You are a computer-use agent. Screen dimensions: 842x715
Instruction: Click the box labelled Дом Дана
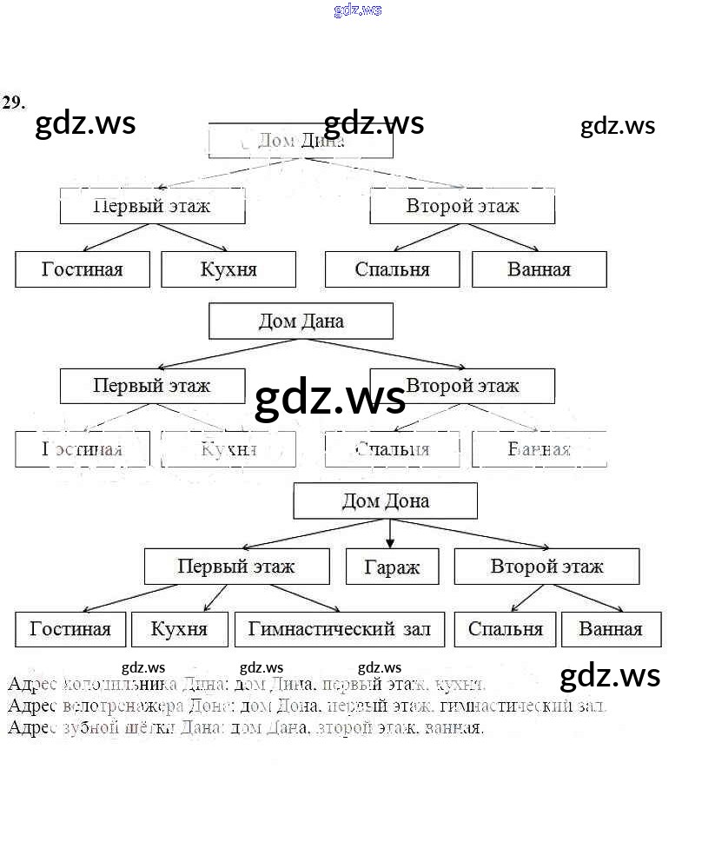pyautogui.click(x=301, y=321)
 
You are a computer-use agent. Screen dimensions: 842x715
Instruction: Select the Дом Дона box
pyautogui.click(x=385, y=501)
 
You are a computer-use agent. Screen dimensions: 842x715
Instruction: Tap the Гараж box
pyautogui.click(x=392, y=567)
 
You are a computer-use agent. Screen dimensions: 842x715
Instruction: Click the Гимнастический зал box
pyautogui.click(x=340, y=629)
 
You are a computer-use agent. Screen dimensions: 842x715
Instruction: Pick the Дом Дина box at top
pyautogui.click(x=301, y=141)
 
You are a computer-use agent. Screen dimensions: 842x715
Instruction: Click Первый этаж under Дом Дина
pyautogui.click(x=152, y=206)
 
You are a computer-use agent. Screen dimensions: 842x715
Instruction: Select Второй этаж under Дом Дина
pyautogui.click(x=462, y=206)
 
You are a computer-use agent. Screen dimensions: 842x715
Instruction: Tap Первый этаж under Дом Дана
pyautogui.click(x=152, y=385)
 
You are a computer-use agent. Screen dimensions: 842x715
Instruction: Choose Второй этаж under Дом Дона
pyautogui.click(x=546, y=567)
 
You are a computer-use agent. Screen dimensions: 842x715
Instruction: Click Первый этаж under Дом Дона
pyautogui.click(x=236, y=567)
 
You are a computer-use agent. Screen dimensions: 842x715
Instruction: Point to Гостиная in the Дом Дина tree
pyautogui.click(x=83, y=269)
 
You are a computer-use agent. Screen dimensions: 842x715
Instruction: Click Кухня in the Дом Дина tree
pyautogui.click(x=228, y=269)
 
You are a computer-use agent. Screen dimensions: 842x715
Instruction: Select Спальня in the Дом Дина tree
pyautogui.click(x=392, y=269)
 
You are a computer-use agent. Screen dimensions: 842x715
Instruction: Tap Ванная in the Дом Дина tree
pyautogui.click(x=539, y=269)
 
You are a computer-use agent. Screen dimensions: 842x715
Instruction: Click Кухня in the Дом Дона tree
pyautogui.click(x=179, y=629)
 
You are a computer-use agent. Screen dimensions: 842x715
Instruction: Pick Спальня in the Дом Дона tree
pyautogui.click(x=505, y=629)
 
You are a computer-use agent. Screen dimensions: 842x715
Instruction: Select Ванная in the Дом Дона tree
pyautogui.click(x=611, y=629)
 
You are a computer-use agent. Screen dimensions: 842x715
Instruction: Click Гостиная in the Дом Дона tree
pyautogui.click(x=70, y=629)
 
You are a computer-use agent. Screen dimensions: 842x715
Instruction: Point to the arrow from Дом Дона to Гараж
pyautogui.click(x=389, y=533)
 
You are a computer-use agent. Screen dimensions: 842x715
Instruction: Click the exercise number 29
pyautogui.click(x=13, y=103)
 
